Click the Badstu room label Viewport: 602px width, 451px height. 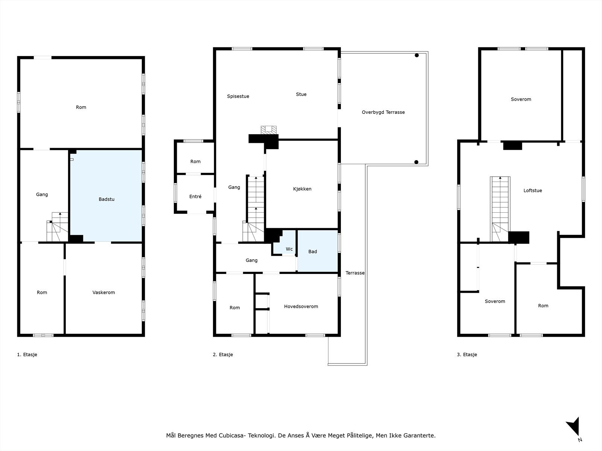(x=106, y=199)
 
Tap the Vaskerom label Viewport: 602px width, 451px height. (x=104, y=292)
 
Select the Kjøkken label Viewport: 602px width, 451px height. (x=302, y=189)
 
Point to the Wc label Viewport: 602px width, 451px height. (x=289, y=249)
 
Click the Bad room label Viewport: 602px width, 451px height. (x=312, y=251)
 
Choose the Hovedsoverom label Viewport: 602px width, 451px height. (x=301, y=306)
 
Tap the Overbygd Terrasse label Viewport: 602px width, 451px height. (x=383, y=112)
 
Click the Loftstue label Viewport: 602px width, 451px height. (x=533, y=191)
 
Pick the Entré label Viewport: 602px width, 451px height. (x=195, y=196)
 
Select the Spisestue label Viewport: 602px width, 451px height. (x=238, y=96)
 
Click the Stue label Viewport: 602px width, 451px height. (x=301, y=94)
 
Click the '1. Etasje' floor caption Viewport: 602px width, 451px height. (x=27, y=354)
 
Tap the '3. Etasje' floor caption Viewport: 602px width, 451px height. (x=467, y=354)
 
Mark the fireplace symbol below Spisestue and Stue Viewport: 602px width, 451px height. (x=269, y=130)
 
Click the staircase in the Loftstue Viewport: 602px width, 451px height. (x=500, y=209)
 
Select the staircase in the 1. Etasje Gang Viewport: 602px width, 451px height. (x=57, y=227)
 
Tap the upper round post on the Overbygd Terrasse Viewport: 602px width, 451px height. (x=417, y=55)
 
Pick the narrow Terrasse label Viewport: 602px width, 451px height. (x=355, y=273)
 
